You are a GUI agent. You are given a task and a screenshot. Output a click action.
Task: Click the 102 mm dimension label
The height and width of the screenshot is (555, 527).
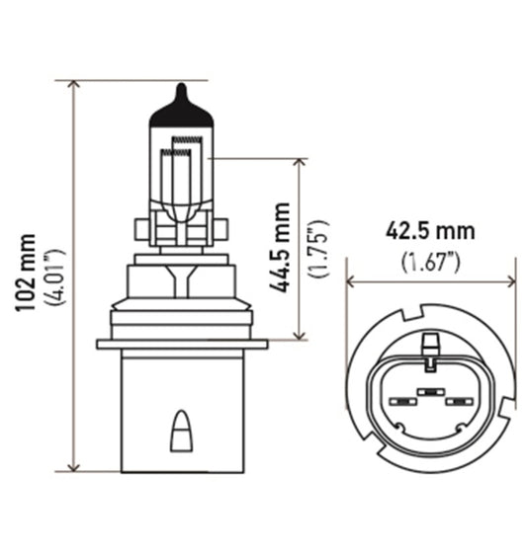coord(27,274)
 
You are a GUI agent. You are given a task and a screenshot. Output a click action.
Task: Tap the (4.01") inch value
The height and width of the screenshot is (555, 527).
coord(50,274)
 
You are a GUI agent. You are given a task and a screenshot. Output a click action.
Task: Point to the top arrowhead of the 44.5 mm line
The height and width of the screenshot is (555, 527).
coord(298,162)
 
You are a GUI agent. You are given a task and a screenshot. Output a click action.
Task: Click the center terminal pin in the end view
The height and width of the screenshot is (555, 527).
coord(429,393)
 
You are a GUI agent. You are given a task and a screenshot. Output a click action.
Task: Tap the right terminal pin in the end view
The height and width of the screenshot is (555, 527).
coord(457,402)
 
